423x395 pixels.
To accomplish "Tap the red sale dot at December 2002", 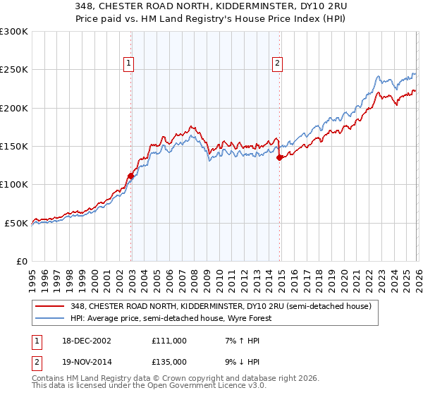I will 131,176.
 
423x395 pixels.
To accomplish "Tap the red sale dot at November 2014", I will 280,158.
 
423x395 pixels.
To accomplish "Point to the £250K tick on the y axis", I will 14,70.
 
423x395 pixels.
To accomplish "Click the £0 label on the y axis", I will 20,261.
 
